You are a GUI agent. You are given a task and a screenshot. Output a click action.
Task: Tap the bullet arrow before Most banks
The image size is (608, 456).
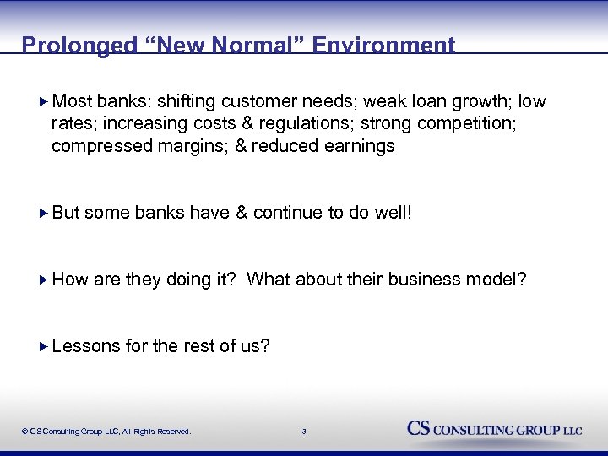point(45,102)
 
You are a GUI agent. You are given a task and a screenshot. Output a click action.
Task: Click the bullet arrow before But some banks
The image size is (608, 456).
point(45,213)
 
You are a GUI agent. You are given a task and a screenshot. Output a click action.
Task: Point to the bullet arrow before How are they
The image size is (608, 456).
point(45,280)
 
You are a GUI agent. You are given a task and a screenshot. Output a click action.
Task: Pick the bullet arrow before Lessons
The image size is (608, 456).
point(45,345)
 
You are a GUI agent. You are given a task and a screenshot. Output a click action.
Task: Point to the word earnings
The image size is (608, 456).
point(361,146)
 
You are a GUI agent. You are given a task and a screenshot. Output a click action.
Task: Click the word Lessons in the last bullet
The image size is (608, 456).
point(85,345)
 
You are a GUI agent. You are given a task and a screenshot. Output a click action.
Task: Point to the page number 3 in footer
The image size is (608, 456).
point(304,432)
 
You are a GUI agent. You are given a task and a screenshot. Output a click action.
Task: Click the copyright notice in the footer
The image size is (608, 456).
point(106,432)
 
